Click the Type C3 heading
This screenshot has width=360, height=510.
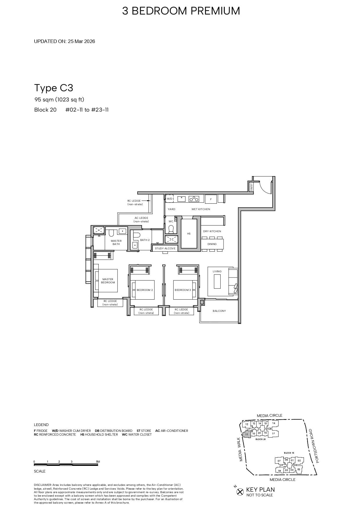54,88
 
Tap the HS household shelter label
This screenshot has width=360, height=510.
189,234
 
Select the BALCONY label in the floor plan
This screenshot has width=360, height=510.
219,311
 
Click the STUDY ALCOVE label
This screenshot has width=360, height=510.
165,248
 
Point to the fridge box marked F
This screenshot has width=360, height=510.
211,199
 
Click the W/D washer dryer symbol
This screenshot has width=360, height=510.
170,199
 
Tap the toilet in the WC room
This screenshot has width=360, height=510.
171,229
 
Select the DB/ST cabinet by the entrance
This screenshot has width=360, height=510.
251,187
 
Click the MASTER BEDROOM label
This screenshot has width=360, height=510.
108,281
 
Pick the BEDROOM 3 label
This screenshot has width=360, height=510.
183,290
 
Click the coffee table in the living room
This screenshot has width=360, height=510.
217,281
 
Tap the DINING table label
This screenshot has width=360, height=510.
212,244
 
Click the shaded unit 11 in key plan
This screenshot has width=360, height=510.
246,434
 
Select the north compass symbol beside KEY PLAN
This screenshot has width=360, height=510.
240,492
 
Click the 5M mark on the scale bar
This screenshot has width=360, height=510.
98,461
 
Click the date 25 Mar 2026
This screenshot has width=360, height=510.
81,41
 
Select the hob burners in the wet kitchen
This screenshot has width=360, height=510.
194,199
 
